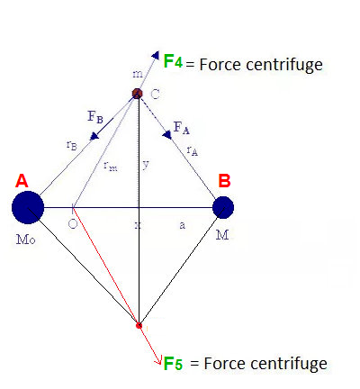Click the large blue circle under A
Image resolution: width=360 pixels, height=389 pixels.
[x=28, y=207]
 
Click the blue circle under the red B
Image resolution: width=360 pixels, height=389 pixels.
[x=223, y=207]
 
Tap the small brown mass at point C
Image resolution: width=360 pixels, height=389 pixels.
[x=138, y=94]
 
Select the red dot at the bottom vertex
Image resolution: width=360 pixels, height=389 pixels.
[x=139, y=325]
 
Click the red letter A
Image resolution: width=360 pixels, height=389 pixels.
[x=22, y=181]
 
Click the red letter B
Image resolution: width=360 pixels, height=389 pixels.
[x=224, y=181]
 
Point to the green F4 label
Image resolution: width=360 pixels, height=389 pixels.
[x=173, y=61]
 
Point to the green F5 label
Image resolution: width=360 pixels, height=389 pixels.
[x=173, y=363]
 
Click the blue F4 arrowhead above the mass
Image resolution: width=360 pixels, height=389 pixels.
[x=156, y=55]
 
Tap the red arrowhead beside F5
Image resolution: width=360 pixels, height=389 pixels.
[x=159, y=361]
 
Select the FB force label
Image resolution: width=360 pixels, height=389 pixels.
[x=95, y=116]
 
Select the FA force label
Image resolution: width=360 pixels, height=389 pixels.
[x=182, y=128]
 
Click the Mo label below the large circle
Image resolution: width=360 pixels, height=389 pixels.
[x=26, y=240]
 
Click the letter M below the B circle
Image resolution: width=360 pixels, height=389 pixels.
[x=222, y=235]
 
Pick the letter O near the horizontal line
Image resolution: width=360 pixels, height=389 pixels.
[x=73, y=224]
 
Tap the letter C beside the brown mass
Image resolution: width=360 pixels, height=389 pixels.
[x=155, y=95]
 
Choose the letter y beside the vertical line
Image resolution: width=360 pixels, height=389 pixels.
[x=146, y=165]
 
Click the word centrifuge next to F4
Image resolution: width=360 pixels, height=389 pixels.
[x=284, y=65]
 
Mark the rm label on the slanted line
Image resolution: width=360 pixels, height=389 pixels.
[x=111, y=166]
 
